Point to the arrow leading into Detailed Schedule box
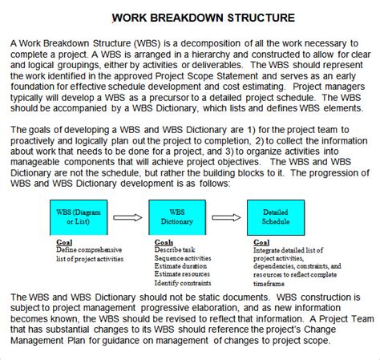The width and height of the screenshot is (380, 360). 226,216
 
